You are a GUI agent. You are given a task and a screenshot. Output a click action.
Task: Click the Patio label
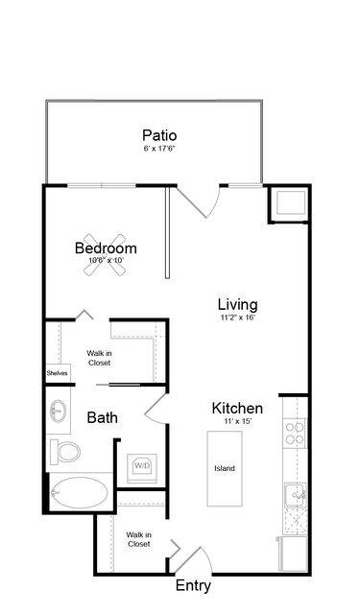[x=159, y=135]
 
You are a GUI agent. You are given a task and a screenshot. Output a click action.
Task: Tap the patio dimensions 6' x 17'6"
[x=158, y=149]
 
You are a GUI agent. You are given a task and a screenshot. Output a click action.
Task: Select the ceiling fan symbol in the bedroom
[x=105, y=255]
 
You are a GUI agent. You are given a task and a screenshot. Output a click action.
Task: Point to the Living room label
[x=237, y=304]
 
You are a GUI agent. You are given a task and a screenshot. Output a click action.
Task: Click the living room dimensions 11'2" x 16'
[x=237, y=318]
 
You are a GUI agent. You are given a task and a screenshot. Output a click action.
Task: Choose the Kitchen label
[x=237, y=408]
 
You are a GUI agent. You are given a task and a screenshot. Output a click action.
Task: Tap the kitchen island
[x=225, y=468]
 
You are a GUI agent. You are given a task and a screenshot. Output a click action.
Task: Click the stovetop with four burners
[x=295, y=434]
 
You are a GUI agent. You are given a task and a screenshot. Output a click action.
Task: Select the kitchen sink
[x=296, y=495]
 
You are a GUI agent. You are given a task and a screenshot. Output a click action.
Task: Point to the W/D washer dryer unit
[x=142, y=467]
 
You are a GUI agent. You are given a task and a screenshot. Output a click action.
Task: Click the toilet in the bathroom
[x=65, y=452]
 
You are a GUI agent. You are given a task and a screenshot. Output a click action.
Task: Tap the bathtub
[x=80, y=492]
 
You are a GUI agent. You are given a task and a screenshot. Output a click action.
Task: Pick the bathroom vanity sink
[x=59, y=411]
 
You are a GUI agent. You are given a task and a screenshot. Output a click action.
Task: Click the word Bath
[x=102, y=417]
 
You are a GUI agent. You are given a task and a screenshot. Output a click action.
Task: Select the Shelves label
[x=58, y=373]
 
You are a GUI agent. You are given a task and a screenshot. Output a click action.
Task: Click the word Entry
[x=193, y=585]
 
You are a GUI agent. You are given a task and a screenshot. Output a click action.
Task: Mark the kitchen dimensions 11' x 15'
[x=237, y=421]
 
